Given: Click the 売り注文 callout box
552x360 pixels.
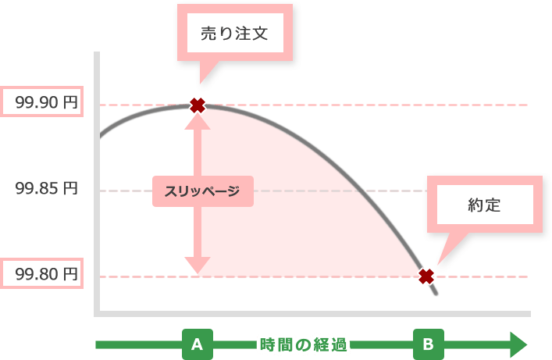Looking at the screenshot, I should tap(235, 34).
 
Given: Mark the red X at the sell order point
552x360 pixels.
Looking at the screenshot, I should tap(198, 105).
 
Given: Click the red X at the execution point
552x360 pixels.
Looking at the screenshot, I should tap(426, 276).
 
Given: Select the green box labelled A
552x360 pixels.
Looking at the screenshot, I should tap(197, 344).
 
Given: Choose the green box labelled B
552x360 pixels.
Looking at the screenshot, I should tap(428, 344).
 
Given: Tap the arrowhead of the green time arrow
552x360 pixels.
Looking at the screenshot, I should tap(518, 344).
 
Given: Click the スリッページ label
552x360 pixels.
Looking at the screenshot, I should tap(201, 191).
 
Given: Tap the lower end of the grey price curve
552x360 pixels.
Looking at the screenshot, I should tap(437, 294).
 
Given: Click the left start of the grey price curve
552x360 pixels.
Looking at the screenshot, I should tap(100, 140).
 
